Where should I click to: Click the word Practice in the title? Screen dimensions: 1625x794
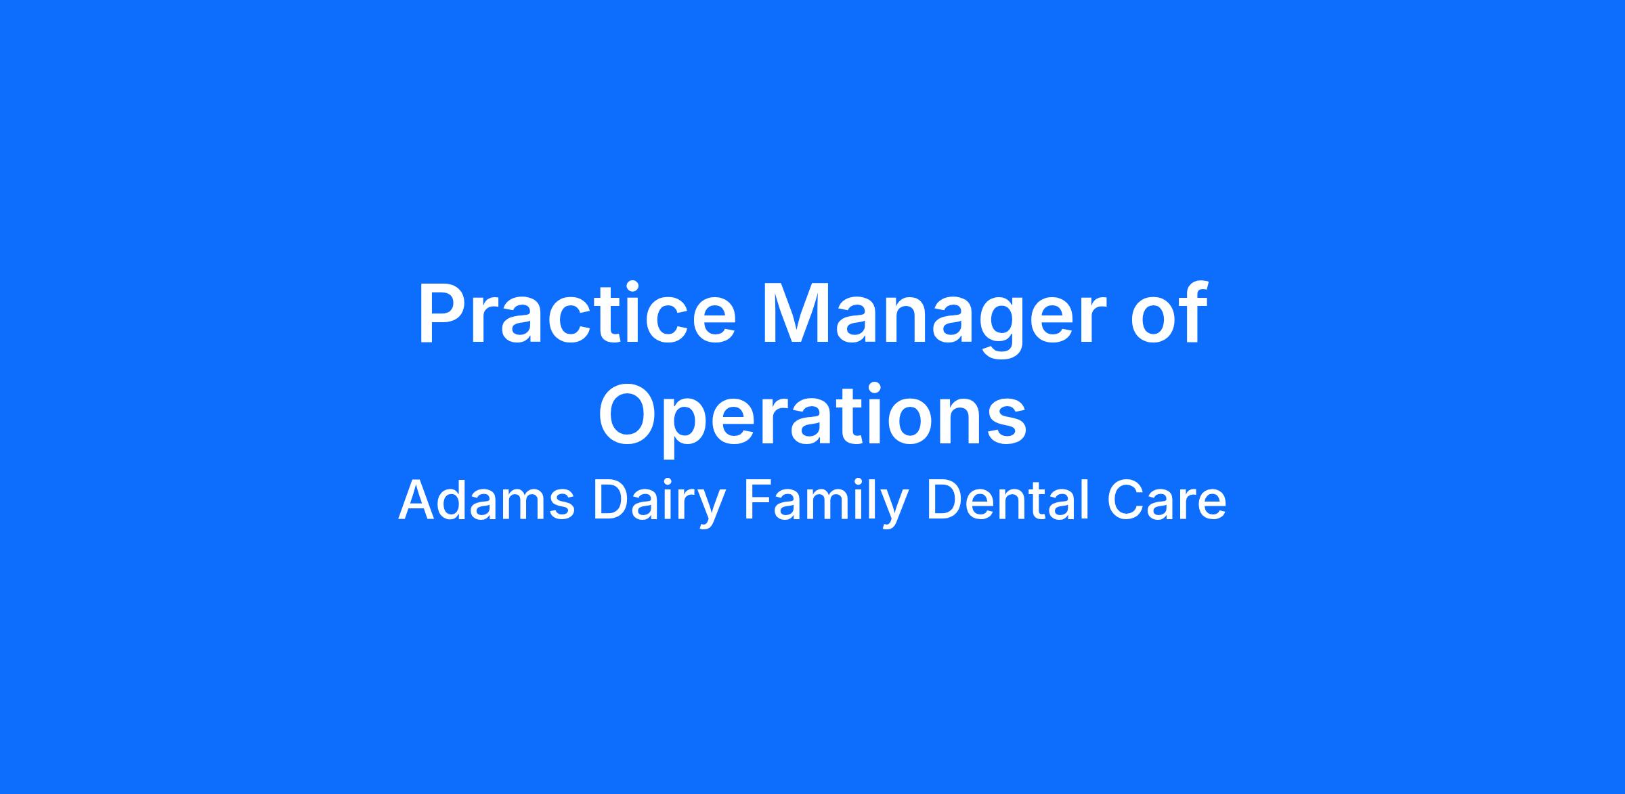[x=576, y=314]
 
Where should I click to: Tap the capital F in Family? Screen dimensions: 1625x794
[x=758, y=501]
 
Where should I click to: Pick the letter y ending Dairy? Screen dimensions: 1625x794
[x=712, y=511]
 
